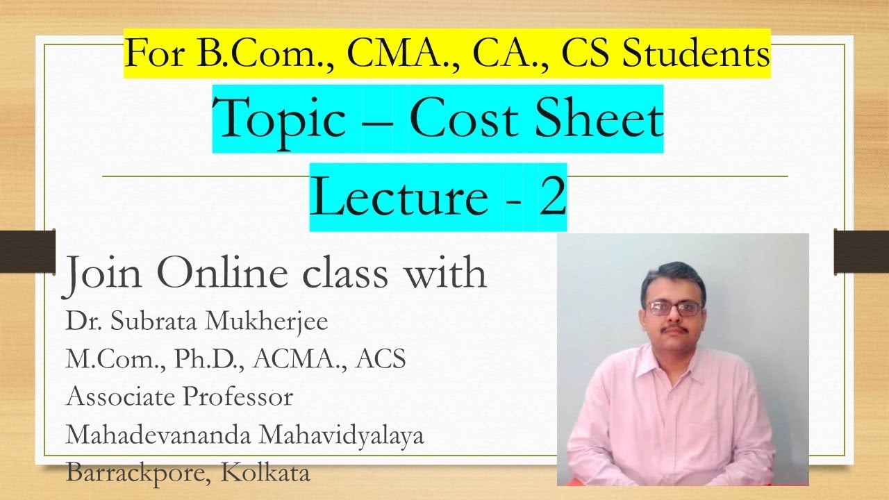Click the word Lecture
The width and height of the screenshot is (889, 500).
coord(398,197)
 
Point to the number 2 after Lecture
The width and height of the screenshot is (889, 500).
coord(552,197)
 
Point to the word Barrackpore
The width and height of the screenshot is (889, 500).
coord(138,473)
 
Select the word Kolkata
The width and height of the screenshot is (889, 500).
coord(265,473)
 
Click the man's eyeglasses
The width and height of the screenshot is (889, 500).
coord(673,308)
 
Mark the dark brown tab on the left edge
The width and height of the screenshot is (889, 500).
coord(27,251)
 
